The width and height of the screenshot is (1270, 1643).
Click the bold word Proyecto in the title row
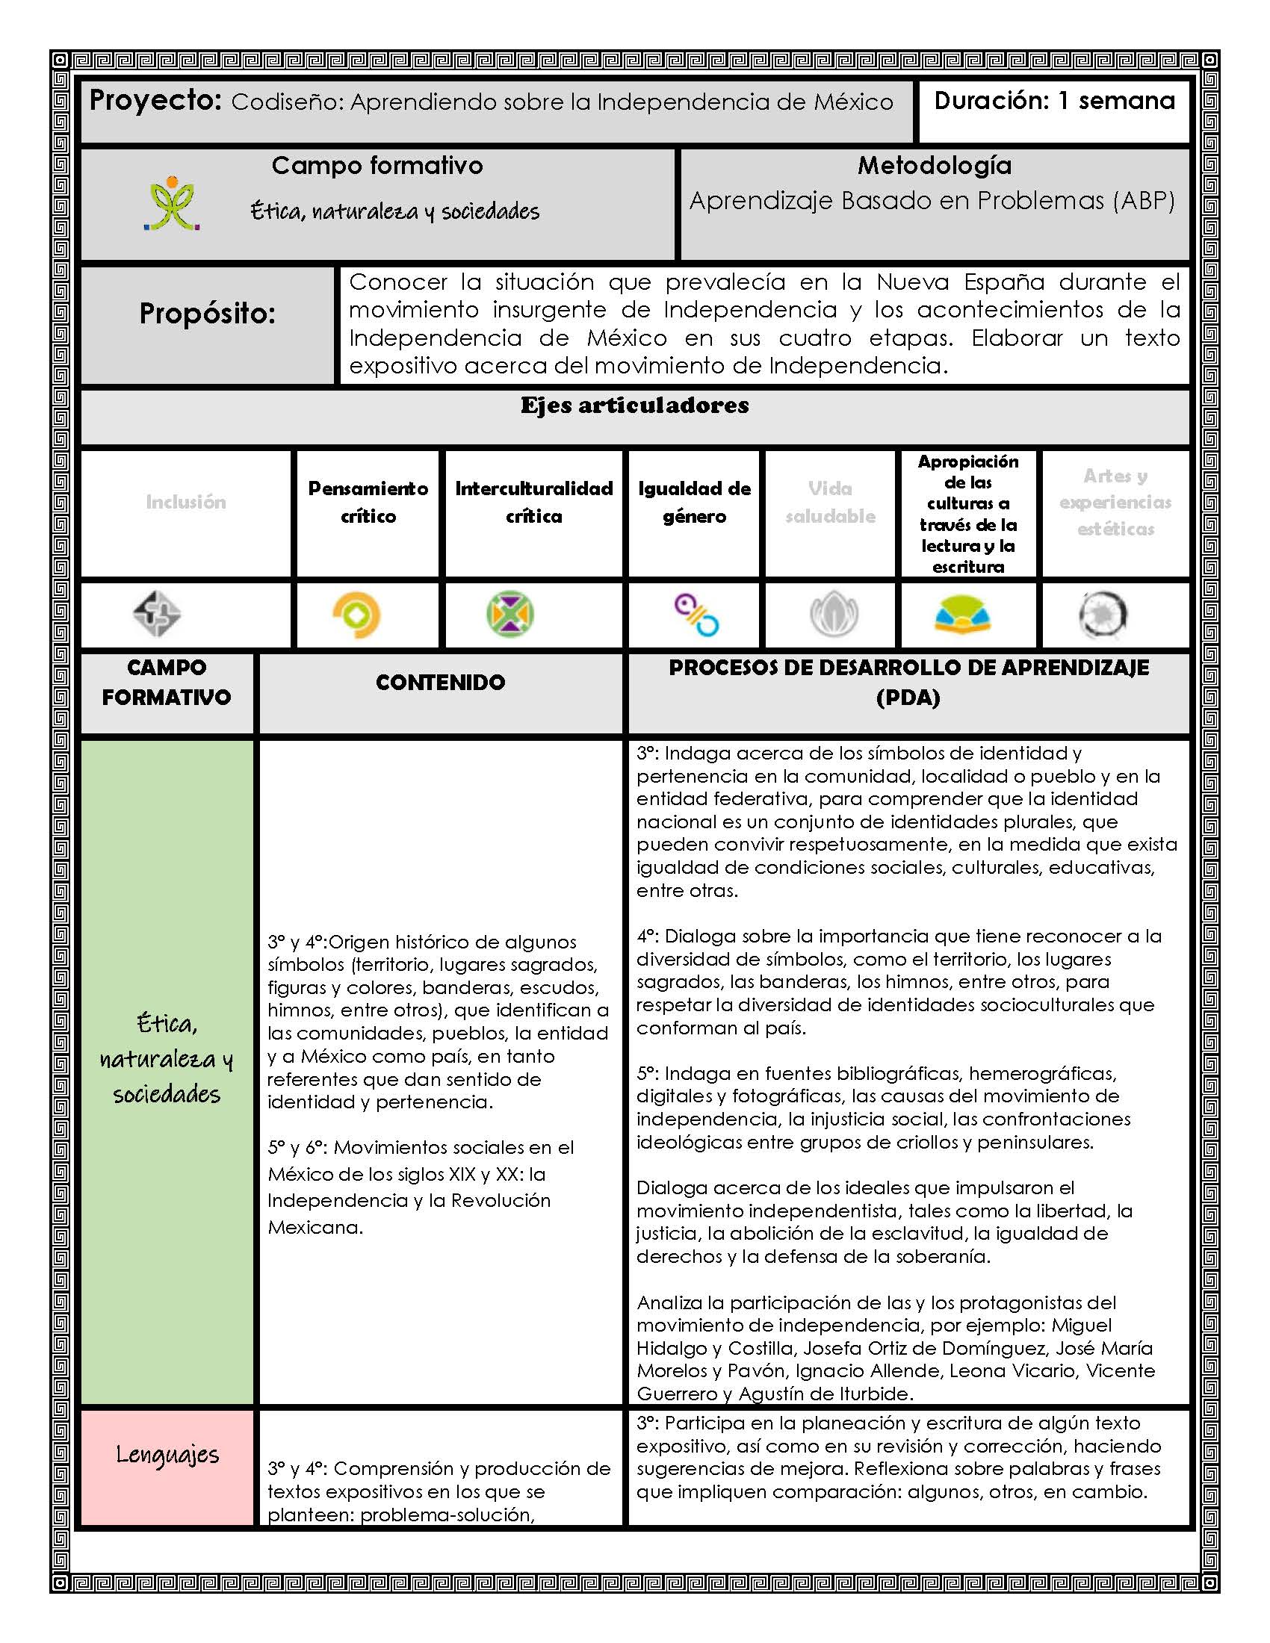coord(155,100)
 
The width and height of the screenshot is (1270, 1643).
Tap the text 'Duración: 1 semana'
coord(1054,100)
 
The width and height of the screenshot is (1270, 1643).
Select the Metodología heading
coord(935,166)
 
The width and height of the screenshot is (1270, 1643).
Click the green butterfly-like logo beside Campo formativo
coord(173,204)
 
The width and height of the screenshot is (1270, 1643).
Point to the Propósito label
coord(208,314)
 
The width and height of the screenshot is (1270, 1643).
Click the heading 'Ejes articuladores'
coord(634,406)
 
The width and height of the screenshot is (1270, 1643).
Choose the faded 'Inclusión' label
coord(186,502)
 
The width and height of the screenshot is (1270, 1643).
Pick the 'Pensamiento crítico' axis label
coord(368,502)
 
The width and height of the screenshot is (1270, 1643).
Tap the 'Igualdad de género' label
coord(694,502)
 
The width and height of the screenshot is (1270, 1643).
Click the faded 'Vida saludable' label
coord(830,502)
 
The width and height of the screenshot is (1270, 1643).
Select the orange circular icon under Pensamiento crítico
coord(356,615)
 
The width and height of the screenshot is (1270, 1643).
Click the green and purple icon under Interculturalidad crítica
coord(510,614)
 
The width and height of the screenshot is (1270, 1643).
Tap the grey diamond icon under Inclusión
coord(156,614)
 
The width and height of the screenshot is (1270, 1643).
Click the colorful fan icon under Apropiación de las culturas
coord(962,615)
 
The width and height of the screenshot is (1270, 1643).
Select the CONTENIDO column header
coord(440,683)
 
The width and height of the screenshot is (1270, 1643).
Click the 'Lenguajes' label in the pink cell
coord(167,1455)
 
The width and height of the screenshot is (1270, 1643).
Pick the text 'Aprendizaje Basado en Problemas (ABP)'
coord(932,201)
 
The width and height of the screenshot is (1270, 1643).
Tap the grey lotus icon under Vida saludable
coord(834,615)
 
